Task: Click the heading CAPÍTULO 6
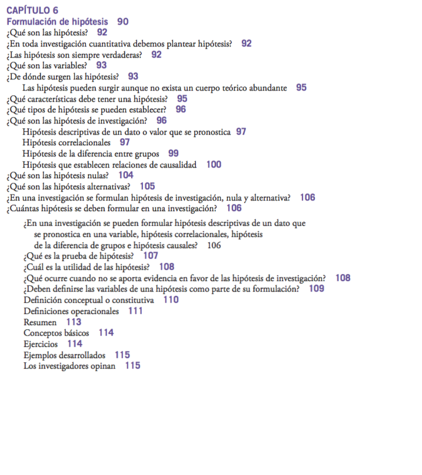[32, 10]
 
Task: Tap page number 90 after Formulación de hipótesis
[122, 21]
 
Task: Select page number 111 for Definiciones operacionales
[135, 311]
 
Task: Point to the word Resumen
[40, 322]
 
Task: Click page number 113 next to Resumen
[74, 322]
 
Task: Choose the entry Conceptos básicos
[57, 333]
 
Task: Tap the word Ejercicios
[41, 344]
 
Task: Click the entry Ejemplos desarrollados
[64, 355]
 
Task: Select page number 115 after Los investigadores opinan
[132, 366]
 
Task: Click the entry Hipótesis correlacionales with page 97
[66, 142]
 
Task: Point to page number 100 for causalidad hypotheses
[214, 165]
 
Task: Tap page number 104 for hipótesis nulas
[125, 175]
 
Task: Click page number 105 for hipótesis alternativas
[147, 186]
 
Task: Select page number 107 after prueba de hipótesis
[150, 256]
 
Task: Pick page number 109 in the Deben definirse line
[317, 289]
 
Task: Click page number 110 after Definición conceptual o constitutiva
[171, 300]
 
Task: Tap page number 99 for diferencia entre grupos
[173, 153]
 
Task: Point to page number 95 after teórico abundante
[301, 88]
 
